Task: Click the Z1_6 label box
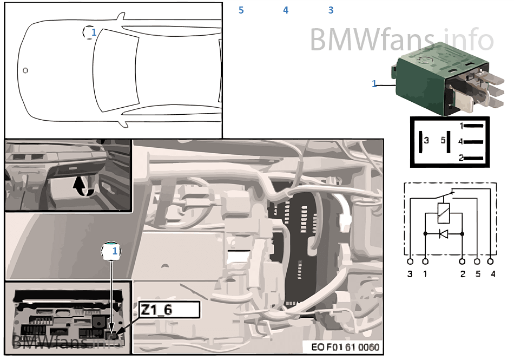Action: [x=169, y=310]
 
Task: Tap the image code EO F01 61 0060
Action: [x=345, y=347]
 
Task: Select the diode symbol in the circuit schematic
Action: [x=444, y=234]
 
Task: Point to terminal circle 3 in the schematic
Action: [x=410, y=261]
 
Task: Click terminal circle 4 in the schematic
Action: [x=490, y=261]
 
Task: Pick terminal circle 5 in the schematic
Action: [x=477, y=261]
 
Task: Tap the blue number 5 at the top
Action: [x=241, y=10]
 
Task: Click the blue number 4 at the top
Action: [x=286, y=10]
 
